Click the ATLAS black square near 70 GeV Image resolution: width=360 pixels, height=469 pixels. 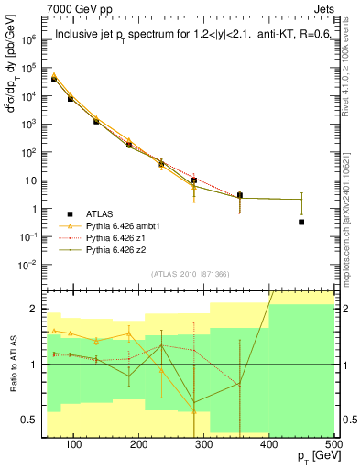[x=54, y=80]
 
